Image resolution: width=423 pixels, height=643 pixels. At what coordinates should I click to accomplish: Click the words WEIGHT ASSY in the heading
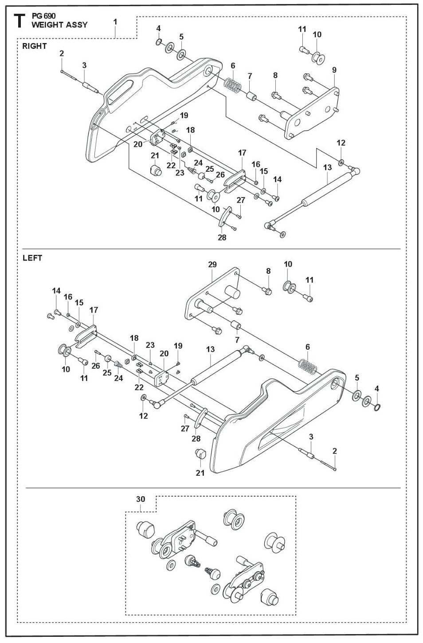pyautogui.click(x=59, y=25)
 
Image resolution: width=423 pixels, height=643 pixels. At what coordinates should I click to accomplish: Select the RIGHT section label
pyautogui.click(x=35, y=46)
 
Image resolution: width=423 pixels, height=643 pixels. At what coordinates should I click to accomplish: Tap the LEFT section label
pyautogui.click(x=32, y=258)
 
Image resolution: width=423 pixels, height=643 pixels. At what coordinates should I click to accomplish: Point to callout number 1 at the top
pyautogui.click(x=115, y=21)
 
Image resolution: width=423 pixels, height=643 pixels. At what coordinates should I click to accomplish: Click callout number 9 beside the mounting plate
pyautogui.click(x=334, y=70)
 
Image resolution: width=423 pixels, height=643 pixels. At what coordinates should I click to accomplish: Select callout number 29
pyautogui.click(x=212, y=264)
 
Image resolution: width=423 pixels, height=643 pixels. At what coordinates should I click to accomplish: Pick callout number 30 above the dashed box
pyautogui.click(x=140, y=499)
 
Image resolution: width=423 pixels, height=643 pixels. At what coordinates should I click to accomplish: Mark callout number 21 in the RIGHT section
pyautogui.click(x=154, y=155)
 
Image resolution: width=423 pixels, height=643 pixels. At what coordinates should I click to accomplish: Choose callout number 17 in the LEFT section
pyautogui.click(x=94, y=310)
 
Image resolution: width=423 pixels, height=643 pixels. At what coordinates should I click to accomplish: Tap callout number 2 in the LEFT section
pyautogui.click(x=334, y=451)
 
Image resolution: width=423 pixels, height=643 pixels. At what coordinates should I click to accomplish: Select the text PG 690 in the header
pyautogui.click(x=43, y=16)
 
